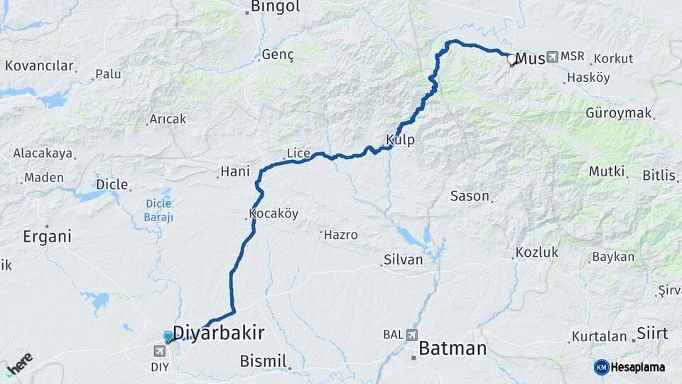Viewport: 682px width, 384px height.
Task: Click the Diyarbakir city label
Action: pos(219,333)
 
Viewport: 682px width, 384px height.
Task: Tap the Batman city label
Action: pos(453,348)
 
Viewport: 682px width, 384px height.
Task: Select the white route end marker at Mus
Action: pos(511,59)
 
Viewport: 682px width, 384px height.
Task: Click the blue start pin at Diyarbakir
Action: pos(168,336)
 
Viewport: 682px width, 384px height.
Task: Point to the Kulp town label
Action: pos(400,140)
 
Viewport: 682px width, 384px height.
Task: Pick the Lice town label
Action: pos(298,153)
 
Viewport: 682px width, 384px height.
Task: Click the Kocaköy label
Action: pos(274,213)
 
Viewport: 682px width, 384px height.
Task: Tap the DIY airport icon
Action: pos(160,350)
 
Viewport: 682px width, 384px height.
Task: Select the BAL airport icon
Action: pos(413,334)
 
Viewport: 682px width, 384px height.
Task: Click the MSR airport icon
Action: pos(552,56)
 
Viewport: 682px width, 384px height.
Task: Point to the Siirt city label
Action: pos(651,334)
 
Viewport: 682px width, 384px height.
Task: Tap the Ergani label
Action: pos(48,237)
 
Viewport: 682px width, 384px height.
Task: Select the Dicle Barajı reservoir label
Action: pos(159,210)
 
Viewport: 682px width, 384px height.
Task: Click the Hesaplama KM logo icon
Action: pos(602,367)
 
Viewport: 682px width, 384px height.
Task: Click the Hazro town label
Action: pos(340,234)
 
